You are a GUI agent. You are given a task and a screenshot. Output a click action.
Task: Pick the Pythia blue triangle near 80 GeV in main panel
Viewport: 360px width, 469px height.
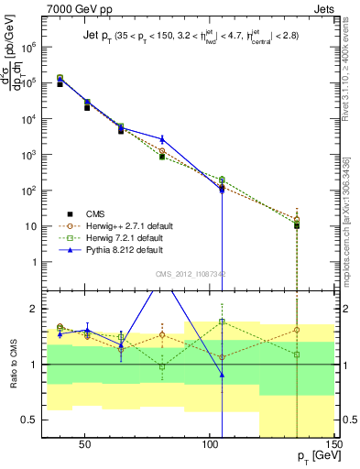(162, 139)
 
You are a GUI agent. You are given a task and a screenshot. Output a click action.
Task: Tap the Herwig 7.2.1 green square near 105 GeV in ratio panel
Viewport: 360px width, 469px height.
(222, 322)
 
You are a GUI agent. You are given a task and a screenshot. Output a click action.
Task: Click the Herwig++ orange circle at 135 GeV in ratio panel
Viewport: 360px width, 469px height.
(297, 330)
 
